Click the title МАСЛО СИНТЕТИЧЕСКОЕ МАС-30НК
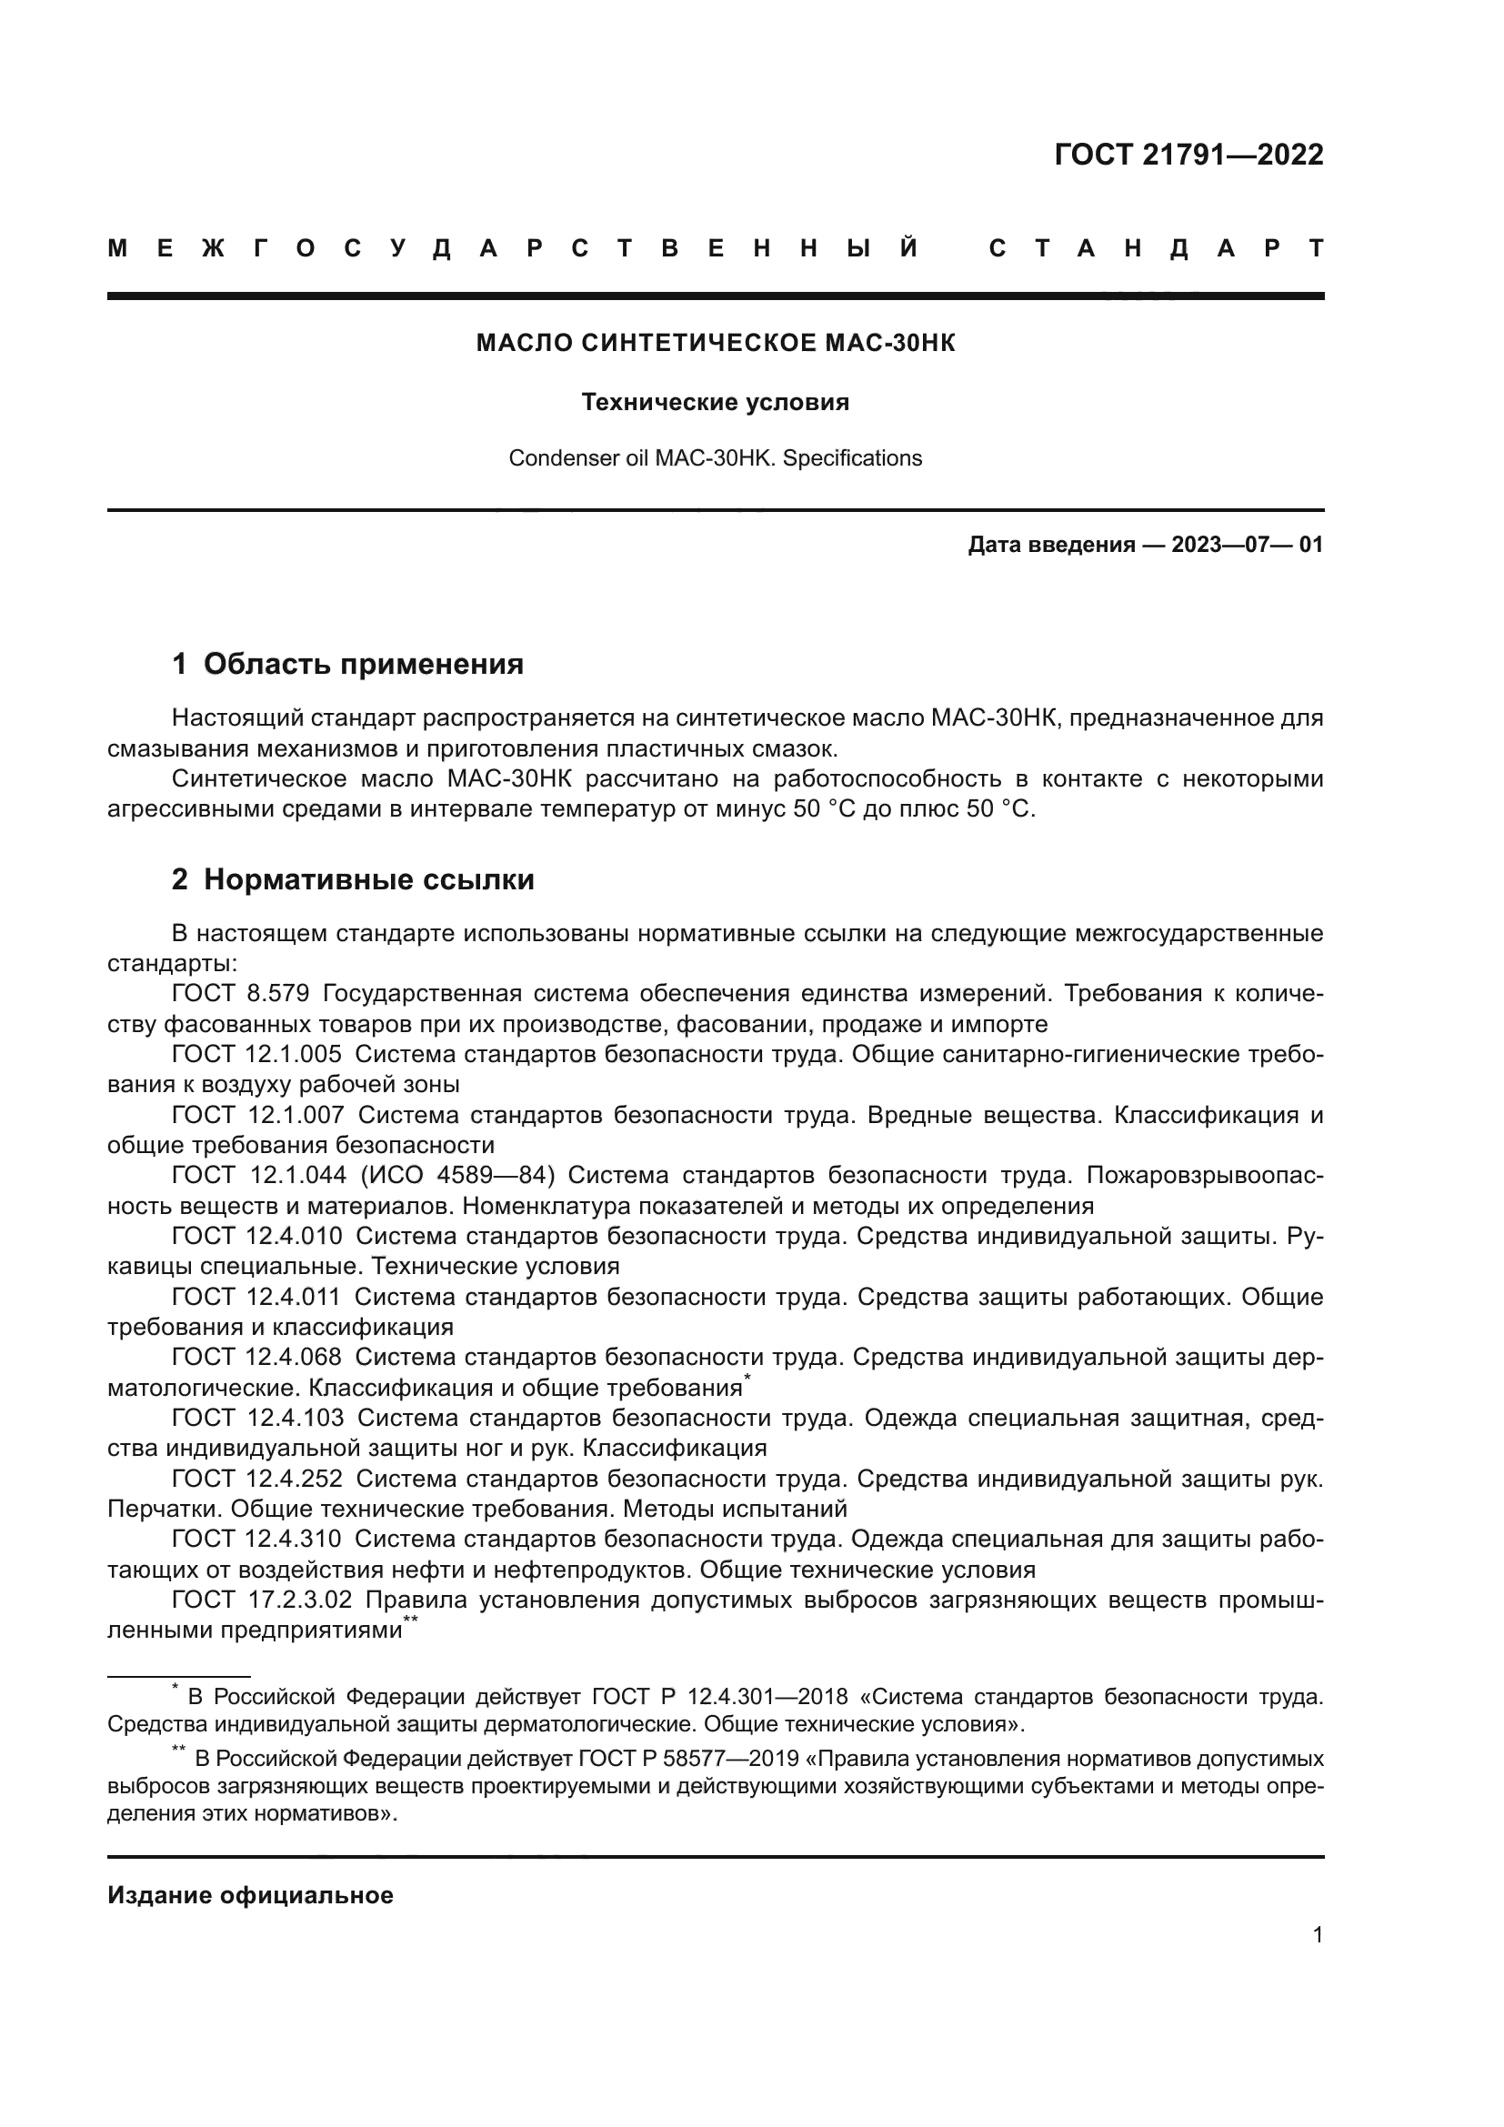click(x=715, y=343)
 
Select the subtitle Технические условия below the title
click(x=715, y=402)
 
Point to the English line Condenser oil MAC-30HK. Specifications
click(x=715, y=457)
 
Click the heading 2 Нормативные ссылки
click(x=353, y=879)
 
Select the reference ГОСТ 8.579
click(x=240, y=994)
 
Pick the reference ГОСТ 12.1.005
click(x=256, y=1054)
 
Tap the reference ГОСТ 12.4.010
click(x=256, y=1236)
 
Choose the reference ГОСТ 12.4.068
click(x=256, y=1357)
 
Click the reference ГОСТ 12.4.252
click(x=256, y=1479)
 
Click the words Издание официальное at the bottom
click(x=250, y=1895)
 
